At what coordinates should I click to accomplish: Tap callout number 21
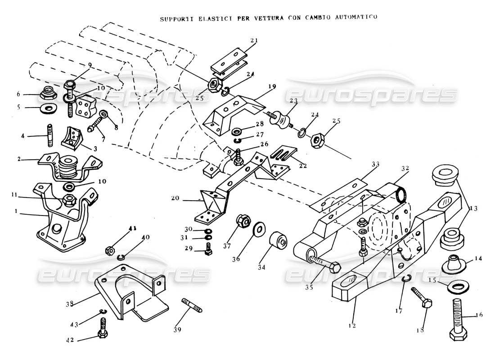(x=254, y=40)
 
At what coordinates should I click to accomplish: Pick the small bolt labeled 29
(x=208, y=248)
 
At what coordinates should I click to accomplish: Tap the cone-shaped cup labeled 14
(x=452, y=263)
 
